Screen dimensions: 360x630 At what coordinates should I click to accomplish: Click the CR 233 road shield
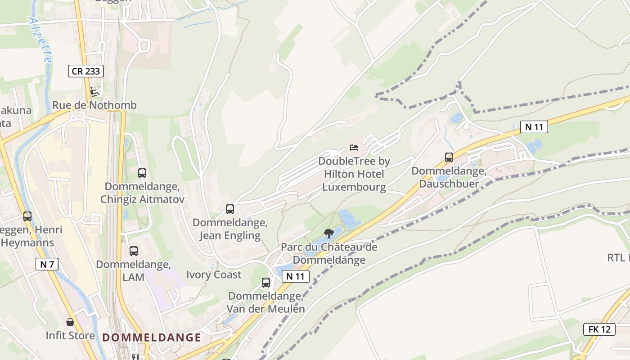[x=86, y=71]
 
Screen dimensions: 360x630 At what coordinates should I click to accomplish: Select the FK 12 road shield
[x=599, y=329]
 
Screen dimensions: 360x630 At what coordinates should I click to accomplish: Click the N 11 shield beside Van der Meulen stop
[x=295, y=276]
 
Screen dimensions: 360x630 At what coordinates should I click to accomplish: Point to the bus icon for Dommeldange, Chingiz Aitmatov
[x=142, y=173]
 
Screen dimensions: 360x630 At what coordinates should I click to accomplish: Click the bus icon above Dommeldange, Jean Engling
[x=230, y=209]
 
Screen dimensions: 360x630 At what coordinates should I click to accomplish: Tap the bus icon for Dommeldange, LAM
[x=134, y=251]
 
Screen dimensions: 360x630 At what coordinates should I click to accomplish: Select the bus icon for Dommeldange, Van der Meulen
[x=266, y=283]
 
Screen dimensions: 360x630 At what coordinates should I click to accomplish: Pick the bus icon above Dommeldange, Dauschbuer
[x=449, y=157]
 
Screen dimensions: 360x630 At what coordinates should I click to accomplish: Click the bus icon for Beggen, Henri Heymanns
[x=27, y=216]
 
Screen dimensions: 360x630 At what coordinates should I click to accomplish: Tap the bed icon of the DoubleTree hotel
[x=354, y=148]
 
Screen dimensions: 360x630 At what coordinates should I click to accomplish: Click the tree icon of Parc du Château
[x=329, y=233]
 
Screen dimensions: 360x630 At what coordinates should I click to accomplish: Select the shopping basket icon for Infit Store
[x=70, y=322]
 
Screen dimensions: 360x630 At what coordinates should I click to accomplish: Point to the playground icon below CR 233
[x=94, y=92]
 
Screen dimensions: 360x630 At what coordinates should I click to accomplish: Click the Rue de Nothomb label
[x=94, y=105]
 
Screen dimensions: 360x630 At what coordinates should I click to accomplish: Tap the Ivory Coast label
[x=214, y=274]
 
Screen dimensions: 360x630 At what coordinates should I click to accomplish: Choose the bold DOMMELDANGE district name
[x=152, y=337]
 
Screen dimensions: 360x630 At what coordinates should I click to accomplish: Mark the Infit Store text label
[x=70, y=335]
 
